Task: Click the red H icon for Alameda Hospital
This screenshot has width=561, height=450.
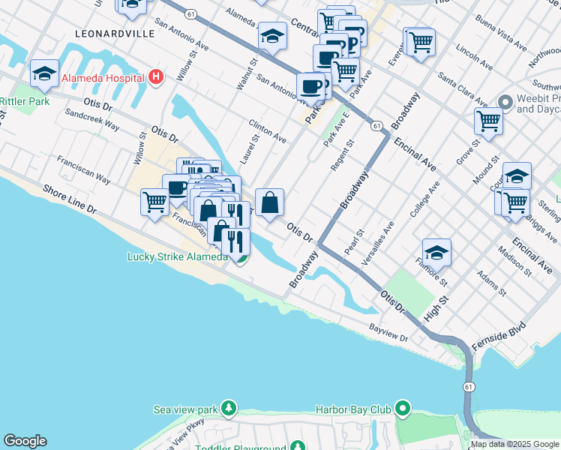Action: (x=155, y=76)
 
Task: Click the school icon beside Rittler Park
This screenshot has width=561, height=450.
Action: (x=44, y=73)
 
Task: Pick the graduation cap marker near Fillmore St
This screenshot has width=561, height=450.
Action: (x=436, y=252)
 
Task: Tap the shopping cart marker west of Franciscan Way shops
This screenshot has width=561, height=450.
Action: (x=154, y=201)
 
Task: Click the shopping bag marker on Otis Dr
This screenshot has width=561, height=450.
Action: (x=269, y=202)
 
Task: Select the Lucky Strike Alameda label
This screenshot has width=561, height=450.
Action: (x=177, y=257)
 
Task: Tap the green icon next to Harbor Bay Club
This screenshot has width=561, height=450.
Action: (x=403, y=409)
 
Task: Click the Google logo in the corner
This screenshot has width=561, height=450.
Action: (x=25, y=441)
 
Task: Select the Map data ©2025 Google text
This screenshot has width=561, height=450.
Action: (x=514, y=444)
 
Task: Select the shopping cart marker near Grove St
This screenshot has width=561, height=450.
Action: (x=488, y=120)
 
